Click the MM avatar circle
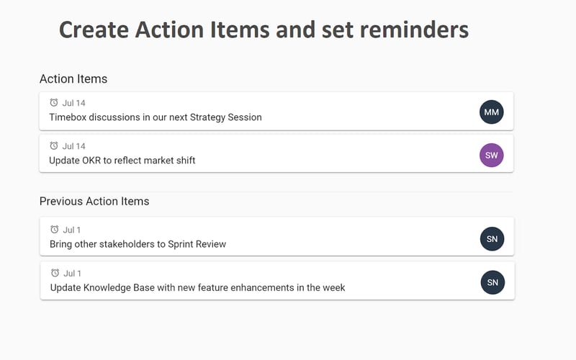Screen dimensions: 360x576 pos(492,112)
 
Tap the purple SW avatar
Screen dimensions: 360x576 pos(492,155)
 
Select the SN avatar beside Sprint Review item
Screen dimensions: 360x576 pos(492,239)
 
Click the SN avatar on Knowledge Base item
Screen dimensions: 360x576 pos(492,282)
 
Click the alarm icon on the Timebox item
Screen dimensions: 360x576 pos(54,103)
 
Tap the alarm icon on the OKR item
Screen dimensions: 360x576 pos(54,146)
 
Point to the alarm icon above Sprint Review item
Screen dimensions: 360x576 pos(55,230)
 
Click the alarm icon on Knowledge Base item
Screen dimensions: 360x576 pos(55,273)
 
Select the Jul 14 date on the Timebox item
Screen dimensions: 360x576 pos(74,103)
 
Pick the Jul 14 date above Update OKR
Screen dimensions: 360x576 pos(74,146)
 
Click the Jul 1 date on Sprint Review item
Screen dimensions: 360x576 pos(72,230)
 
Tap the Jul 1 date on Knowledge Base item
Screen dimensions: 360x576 pos(72,273)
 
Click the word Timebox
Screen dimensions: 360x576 pos(71,117)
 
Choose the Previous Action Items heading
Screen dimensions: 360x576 pos(94,201)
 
